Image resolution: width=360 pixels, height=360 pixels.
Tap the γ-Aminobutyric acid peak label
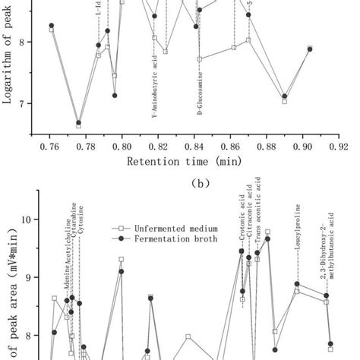click(156, 90)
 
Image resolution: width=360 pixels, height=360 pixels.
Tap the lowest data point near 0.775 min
click(78, 124)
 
